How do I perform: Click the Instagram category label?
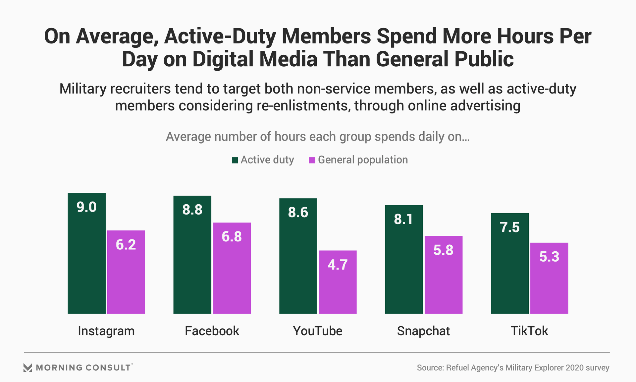(106, 331)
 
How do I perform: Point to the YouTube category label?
(317, 331)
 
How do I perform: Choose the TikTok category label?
(529, 331)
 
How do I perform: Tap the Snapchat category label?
(423, 331)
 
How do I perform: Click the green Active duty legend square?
(235, 160)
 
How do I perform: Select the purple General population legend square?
(312, 160)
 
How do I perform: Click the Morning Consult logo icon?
(28, 368)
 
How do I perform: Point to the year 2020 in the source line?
(574, 368)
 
